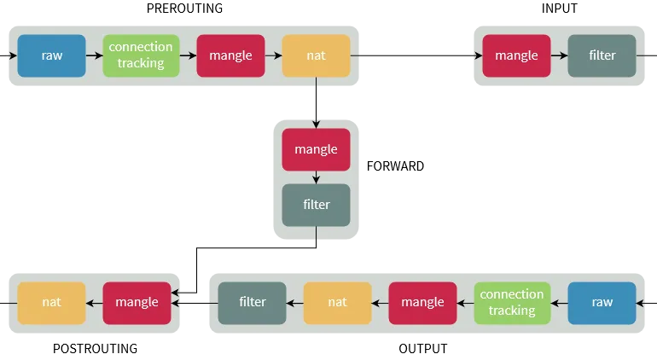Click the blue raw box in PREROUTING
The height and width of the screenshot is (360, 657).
click(51, 55)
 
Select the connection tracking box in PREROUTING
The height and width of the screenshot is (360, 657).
click(141, 55)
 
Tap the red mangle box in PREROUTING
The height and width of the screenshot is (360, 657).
click(230, 55)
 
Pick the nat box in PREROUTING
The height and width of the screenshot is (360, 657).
click(316, 55)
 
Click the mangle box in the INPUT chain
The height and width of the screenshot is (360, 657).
click(516, 55)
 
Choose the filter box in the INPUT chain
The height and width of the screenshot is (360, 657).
click(602, 55)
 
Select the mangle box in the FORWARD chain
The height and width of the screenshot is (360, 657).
click(316, 149)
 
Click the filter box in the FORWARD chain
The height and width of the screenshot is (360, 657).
click(316, 205)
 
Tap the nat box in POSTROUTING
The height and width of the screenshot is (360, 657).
click(51, 303)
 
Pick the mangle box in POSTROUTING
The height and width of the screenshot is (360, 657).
click(137, 303)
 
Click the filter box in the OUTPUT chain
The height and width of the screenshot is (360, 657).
click(253, 303)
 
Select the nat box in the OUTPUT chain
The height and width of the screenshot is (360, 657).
click(337, 303)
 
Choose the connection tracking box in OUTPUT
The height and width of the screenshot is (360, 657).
click(512, 303)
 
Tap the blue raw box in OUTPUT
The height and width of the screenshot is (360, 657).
click(602, 303)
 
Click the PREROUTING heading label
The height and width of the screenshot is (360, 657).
click(184, 9)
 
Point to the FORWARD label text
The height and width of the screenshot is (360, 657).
click(395, 166)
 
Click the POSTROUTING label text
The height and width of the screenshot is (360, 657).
click(95, 349)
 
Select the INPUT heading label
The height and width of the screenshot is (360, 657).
click(560, 9)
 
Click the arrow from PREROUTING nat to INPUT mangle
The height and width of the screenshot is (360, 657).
click(416, 55)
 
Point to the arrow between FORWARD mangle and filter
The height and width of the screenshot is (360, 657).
click(316, 177)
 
